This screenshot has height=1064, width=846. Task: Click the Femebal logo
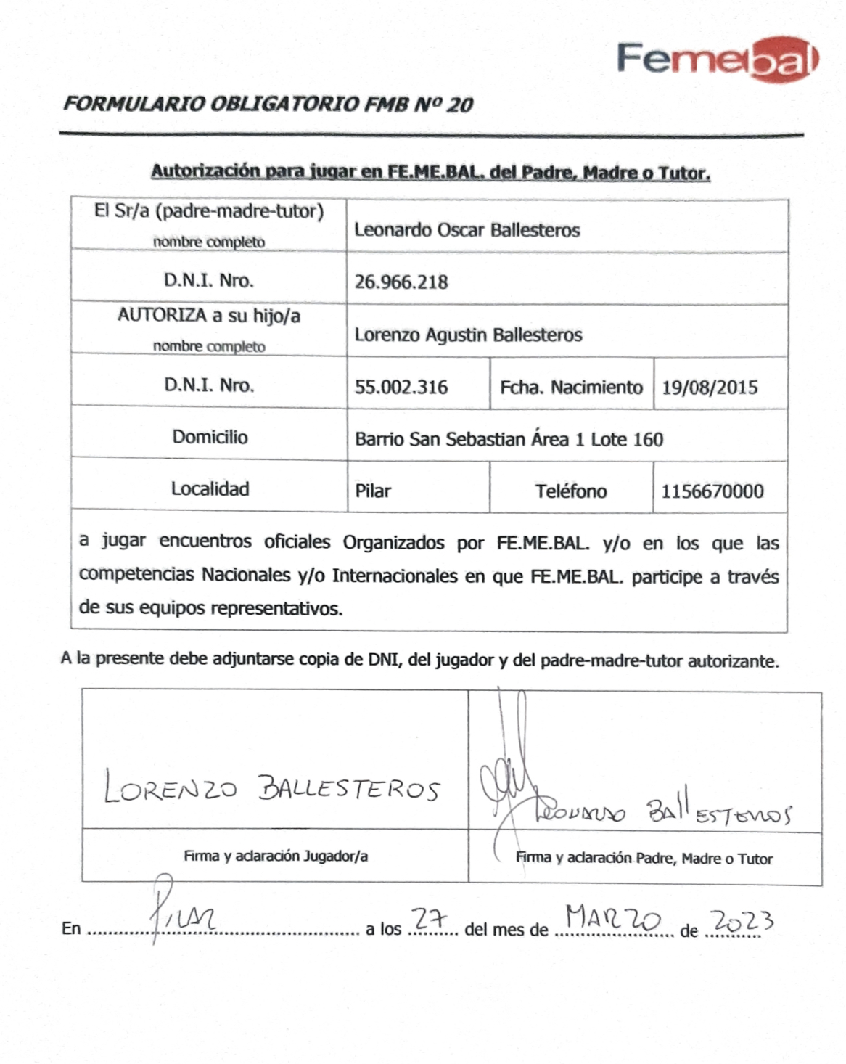pyautogui.click(x=718, y=60)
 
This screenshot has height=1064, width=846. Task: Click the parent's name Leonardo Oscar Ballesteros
pyautogui.click(x=467, y=230)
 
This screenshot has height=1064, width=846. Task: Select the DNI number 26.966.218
pyautogui.click(x=401, y=282)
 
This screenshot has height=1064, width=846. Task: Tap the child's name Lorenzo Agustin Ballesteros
pyautogui.click(x=468, y=335)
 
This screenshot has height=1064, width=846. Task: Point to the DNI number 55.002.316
pyautogui.click(x=401, y=387)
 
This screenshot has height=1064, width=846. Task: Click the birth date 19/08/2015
pyautogui.click(x=709, y=387)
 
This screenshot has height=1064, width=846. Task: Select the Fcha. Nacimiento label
pyautogui.click(x=571, y=387)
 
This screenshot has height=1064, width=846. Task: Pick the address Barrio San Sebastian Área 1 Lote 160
pyautogui.click(x=509, y=439)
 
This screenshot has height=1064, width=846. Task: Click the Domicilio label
pyautogui.click(x=210, y=437)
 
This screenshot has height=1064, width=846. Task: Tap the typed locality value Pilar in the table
pyautogui.click(x=373, y=491)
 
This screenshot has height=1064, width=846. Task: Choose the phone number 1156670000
pyautogui.click(x=712, y=491)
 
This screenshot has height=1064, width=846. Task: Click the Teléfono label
pyautogui.click(x=571, y=491)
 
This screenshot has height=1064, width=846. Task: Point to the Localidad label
pyautogui.click(x=210, y=489)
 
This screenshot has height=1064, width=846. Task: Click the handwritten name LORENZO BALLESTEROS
pyautogui.click(x=272, y=787)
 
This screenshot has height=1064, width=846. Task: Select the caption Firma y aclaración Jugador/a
pyautogui.click(x=276, y=856)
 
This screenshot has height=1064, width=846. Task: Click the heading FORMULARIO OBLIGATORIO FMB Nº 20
pyautogui.click(x=268, y=105)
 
